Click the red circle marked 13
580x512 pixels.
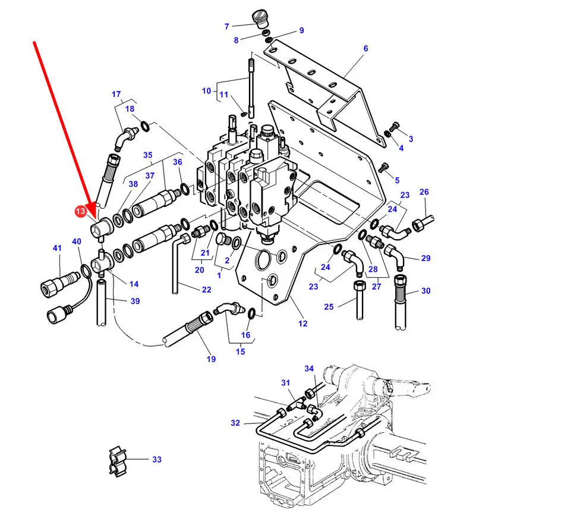[x=80, y=211]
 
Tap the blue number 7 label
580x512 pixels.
[x=227, y=27]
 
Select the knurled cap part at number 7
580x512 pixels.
[x=261, y=19]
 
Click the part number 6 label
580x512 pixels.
[x=365, y=49]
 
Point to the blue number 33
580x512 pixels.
[x=157, y=460]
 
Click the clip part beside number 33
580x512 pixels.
[x=118, y=461]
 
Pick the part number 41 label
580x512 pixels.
[x=57, y=248]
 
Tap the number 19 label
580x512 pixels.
[x=211, y=359]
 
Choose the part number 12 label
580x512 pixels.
[x=302, y=324]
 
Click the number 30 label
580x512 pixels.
[x=425, y=291]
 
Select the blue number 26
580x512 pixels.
[x=424, y=192]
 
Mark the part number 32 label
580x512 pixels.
[x=235, y=423]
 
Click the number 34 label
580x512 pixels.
[x=309, y=369]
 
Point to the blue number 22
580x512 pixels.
[x=206, y=290]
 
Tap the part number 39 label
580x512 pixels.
[x=135, y=301]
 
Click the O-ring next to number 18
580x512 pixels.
[x=145, y=126]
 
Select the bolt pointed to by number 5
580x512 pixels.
[x=383, y=168]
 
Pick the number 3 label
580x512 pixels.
[x=411, y=139]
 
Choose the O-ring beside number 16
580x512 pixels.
[x=251, y=313]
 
